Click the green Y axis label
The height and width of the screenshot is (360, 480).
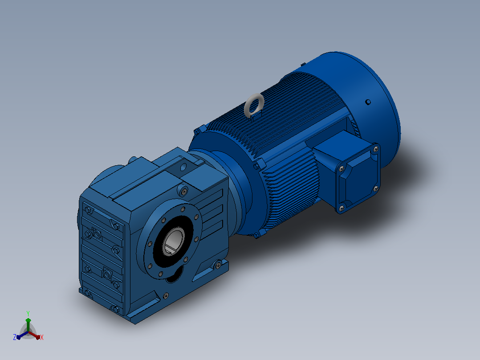pyautogui.click(x=28, y=313)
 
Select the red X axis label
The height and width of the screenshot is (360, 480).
pyautogui.click(x=42, y=337)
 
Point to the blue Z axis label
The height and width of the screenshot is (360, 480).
pyautogui.click(x=14, y=337)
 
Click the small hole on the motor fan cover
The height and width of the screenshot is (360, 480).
pyautogui.click(x=368, y=102)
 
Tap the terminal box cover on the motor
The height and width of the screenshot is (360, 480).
pyautogui.click(x=358, y=178)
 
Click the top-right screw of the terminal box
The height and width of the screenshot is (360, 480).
pyautogui.click(x=376, y=149)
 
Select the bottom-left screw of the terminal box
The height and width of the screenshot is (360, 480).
pyautogui.click(x=342, y=209)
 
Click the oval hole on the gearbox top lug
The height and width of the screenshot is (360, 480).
pyautogui.click(x=183, y=167)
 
